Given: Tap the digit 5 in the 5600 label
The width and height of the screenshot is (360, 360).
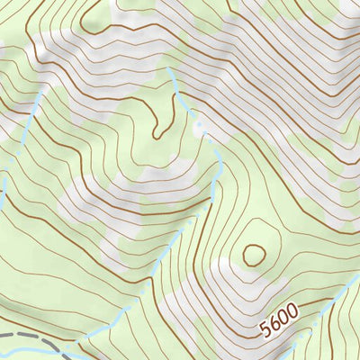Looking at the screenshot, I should [265, 330].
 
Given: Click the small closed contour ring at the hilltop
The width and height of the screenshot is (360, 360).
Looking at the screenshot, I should [254, 255].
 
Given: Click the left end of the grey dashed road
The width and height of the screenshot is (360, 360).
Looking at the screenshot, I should [3, 335].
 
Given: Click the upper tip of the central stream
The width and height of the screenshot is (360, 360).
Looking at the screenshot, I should [168, 68].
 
